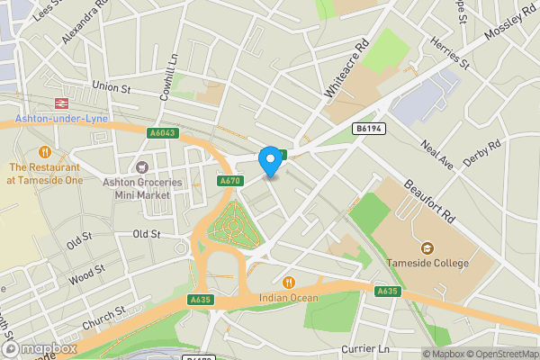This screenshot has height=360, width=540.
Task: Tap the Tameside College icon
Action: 425,247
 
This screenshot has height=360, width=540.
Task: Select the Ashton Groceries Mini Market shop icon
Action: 141,166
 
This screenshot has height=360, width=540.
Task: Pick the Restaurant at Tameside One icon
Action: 44,150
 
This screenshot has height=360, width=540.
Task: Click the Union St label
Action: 112,88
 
